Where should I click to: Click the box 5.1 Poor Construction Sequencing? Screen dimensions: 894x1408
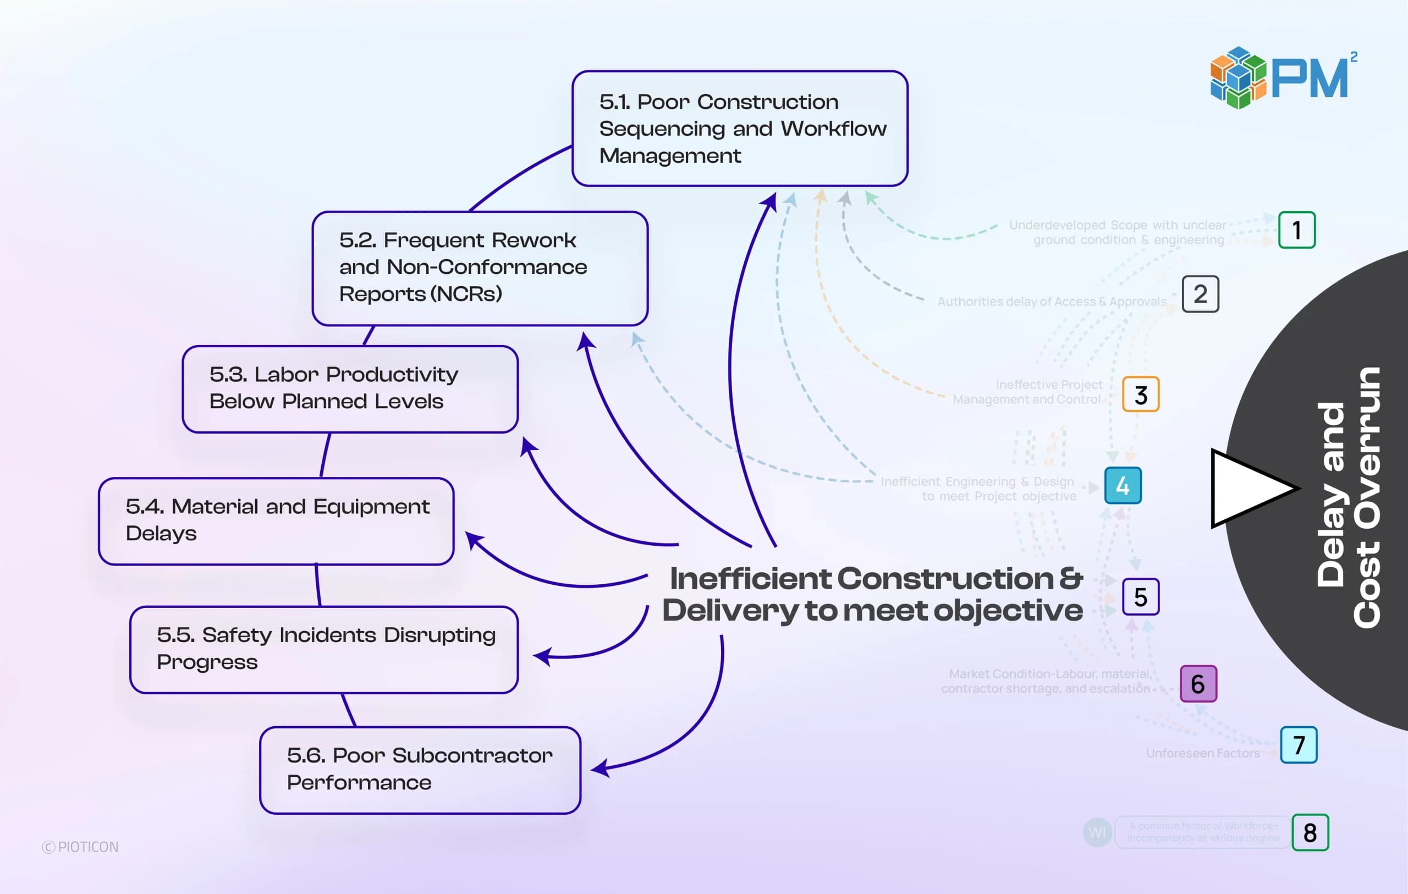click(740, 129)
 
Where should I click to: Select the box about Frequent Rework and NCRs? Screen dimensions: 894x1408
click(480, 268)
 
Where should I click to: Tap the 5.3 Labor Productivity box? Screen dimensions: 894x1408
click(350, 389)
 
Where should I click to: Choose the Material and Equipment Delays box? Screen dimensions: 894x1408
click(276, 521)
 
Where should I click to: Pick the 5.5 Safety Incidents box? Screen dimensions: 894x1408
click(324, 650)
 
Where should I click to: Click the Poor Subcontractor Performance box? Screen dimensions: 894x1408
click(420, 770)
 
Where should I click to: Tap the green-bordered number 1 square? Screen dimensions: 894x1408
click(1296, 230)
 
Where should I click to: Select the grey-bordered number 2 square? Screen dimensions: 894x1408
click(1200, 294)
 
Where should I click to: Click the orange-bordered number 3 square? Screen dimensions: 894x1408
click(1140, 394)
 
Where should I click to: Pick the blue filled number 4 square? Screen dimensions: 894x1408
click(1123, 485)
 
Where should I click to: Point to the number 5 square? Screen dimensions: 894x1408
click(1140, 597)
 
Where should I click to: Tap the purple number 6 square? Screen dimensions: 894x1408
click(1198, 683)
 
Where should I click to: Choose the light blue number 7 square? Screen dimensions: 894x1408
click(1298, 745)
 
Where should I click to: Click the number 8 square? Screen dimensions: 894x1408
click(1310, 832)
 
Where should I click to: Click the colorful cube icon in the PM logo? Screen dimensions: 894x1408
click(1238, 78)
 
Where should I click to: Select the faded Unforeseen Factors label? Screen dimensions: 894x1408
click(1202, 753)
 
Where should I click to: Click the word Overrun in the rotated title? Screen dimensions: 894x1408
click(1367, 497)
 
